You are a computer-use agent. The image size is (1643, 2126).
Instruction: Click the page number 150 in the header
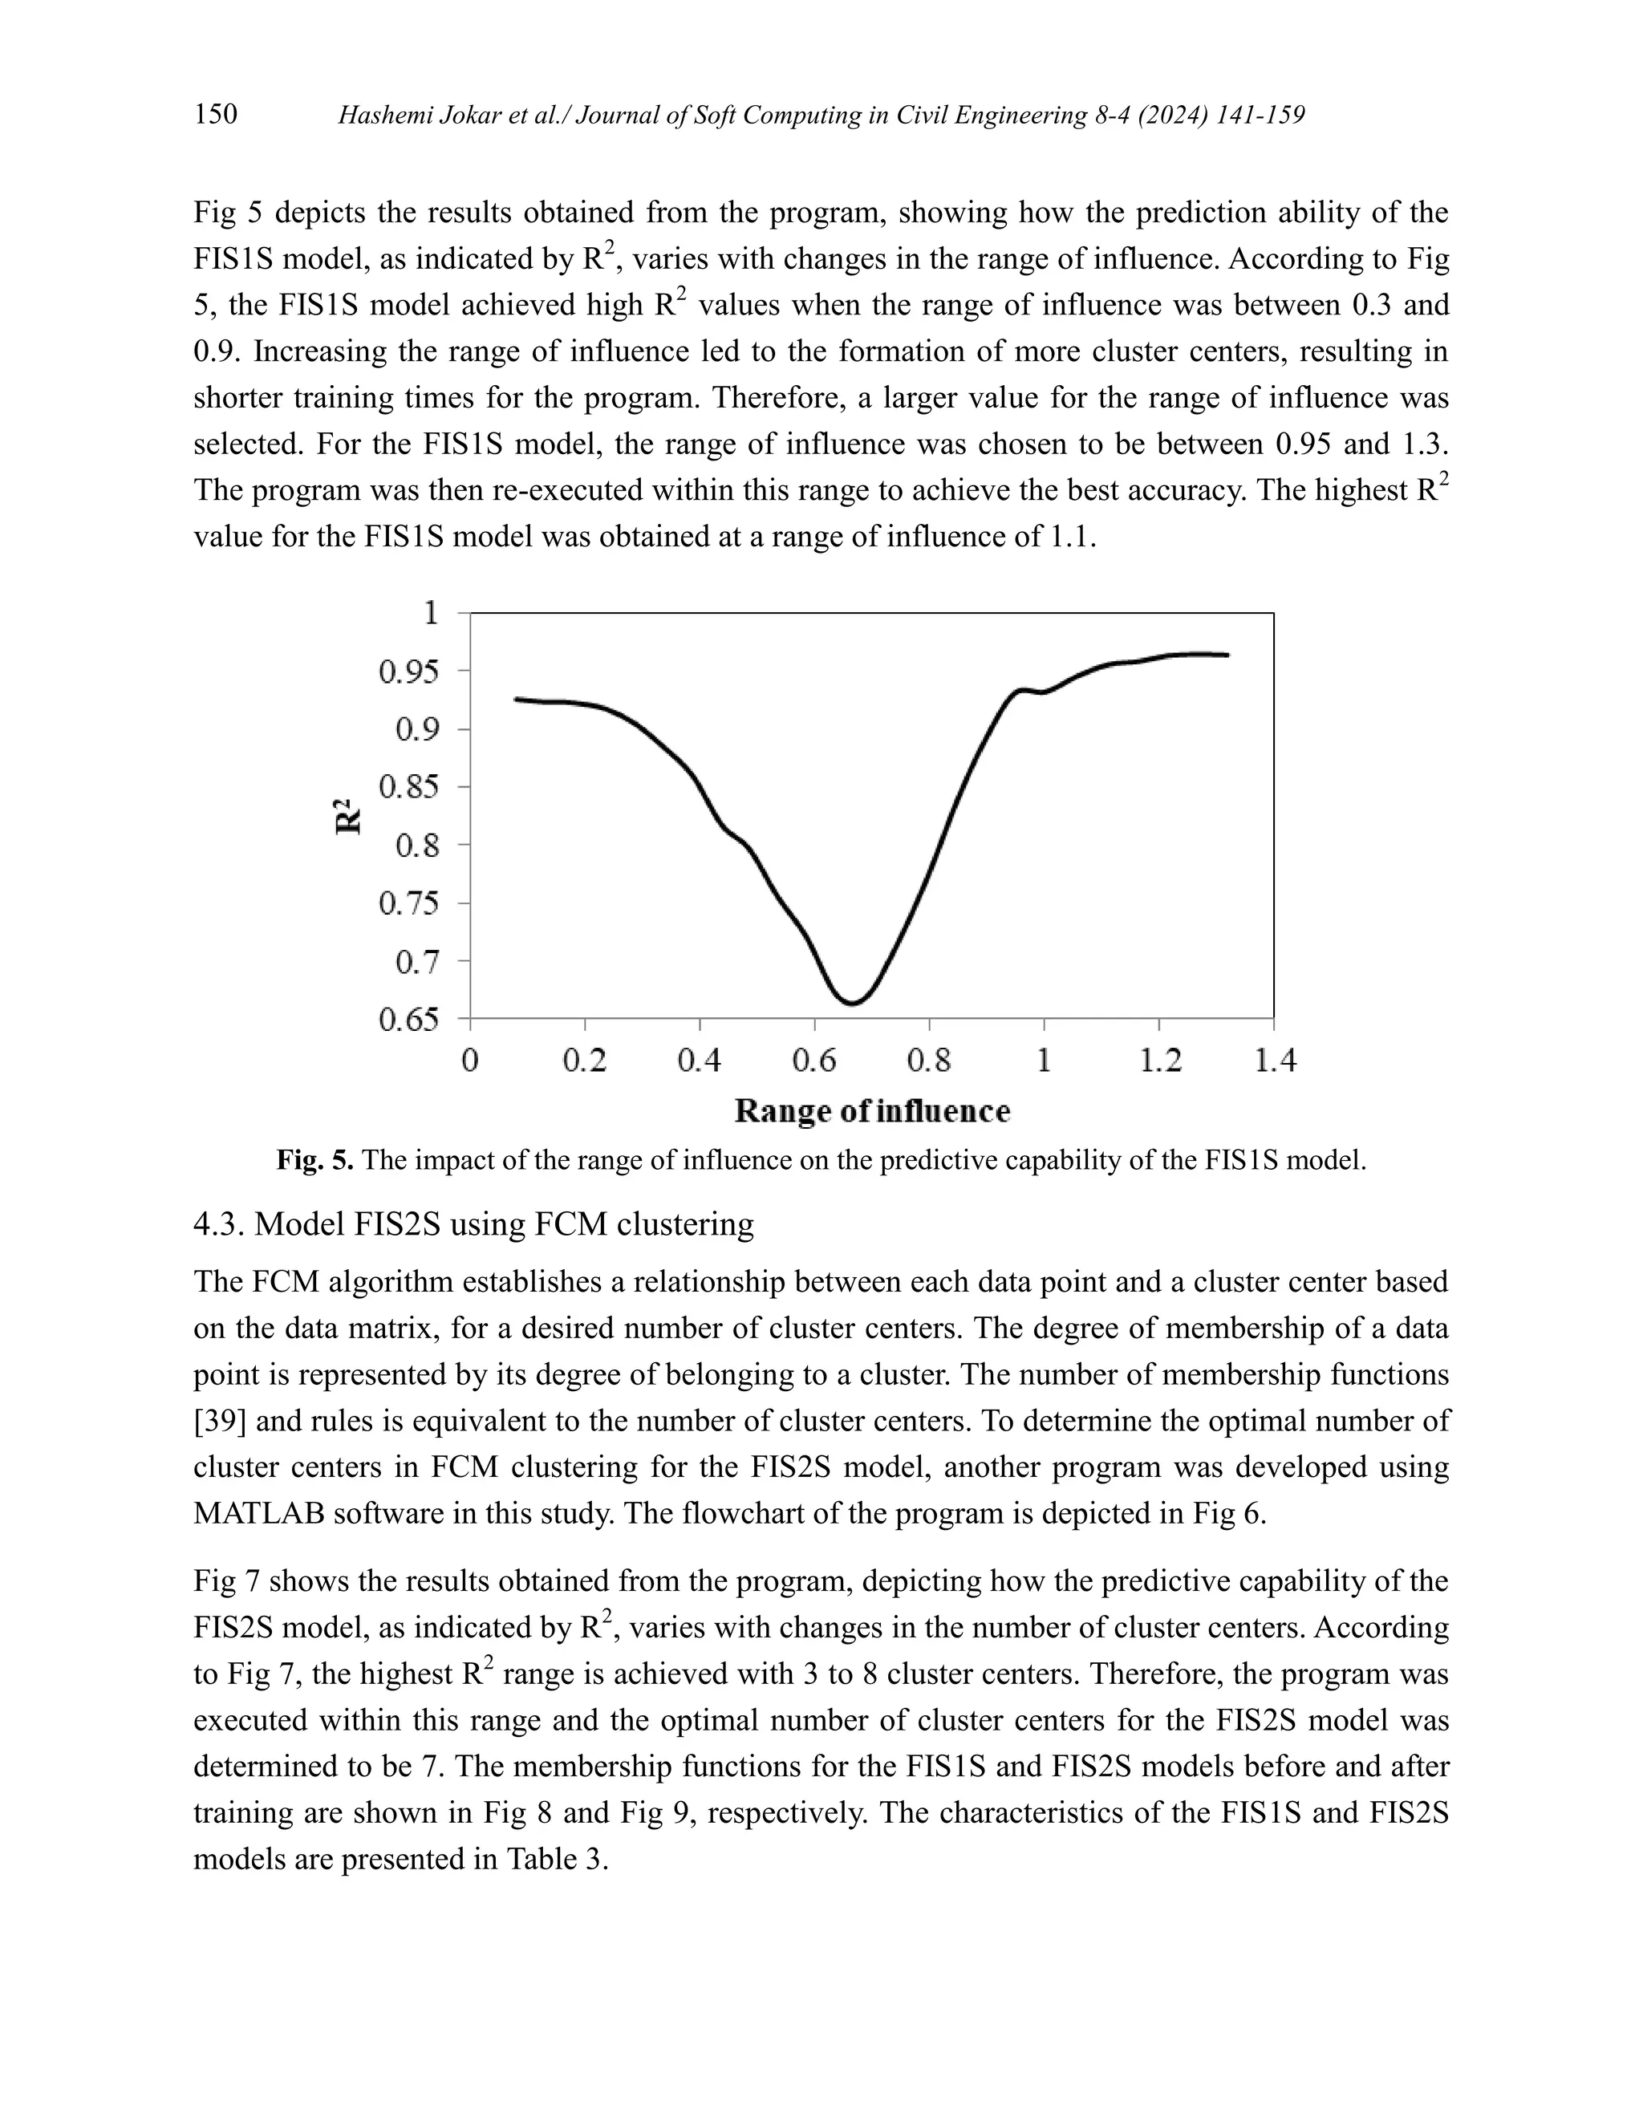coord(216,115)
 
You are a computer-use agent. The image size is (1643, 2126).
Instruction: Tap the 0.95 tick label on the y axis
coord(409,671)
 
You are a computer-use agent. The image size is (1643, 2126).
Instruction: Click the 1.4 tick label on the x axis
coord(1274,1060)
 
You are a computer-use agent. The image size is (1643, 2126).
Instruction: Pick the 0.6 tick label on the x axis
coord(815,1060)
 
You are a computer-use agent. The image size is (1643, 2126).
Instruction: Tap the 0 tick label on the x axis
coord(470,1060)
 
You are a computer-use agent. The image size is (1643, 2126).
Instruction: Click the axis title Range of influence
coord(872,1110)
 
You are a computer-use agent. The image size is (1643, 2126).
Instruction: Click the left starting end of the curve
coord(516,699)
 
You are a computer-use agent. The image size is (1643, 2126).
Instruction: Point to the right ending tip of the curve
coord(1227,655)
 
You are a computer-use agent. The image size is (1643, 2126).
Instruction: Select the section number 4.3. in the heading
coord(219,1223)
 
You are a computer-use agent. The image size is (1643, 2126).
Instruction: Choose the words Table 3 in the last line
coord(555,1858)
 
